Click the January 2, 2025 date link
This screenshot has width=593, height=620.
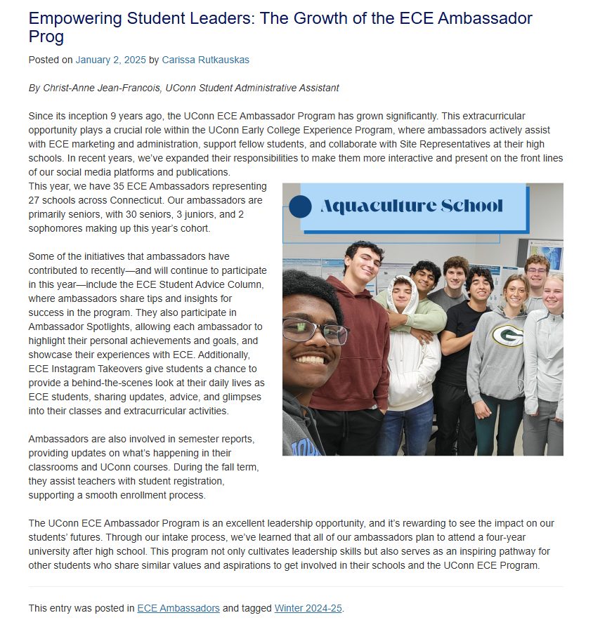[110, 60]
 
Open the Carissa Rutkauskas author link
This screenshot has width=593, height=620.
[205, 60]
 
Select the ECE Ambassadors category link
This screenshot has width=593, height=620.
[178, 608]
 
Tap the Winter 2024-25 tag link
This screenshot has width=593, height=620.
[308, 608]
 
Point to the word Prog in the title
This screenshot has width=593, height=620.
[46, 37]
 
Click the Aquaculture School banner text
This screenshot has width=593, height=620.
[412, 206]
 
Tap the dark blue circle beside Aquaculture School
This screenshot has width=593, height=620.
[300, 206]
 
